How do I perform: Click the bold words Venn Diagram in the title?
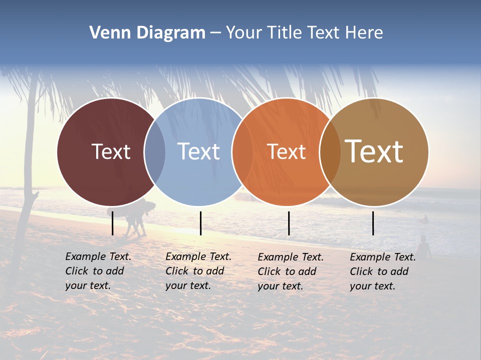pos(147,33)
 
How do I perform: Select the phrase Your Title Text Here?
pos(304,33)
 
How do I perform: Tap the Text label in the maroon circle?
pos(111,151)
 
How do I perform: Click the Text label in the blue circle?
pos(198,151)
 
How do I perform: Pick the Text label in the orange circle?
pos(286,152)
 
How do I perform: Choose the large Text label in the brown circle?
pos(374,151)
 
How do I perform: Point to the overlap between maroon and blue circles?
pos(155,152)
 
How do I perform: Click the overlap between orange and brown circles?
pos(330,152)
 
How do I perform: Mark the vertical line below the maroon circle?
pos(113,223)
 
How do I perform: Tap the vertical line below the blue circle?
pos(200,223)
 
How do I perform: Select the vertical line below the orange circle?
pos(289,223)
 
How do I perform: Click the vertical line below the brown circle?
pos(373,223)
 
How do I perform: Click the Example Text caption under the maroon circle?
pos(98,271)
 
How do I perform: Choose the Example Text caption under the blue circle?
pos(198,271)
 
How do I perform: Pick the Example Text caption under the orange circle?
pos(290,271)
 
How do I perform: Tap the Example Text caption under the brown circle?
pos(382,271)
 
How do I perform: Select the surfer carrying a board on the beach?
pos(134,217)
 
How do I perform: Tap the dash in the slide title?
pos(215,33)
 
